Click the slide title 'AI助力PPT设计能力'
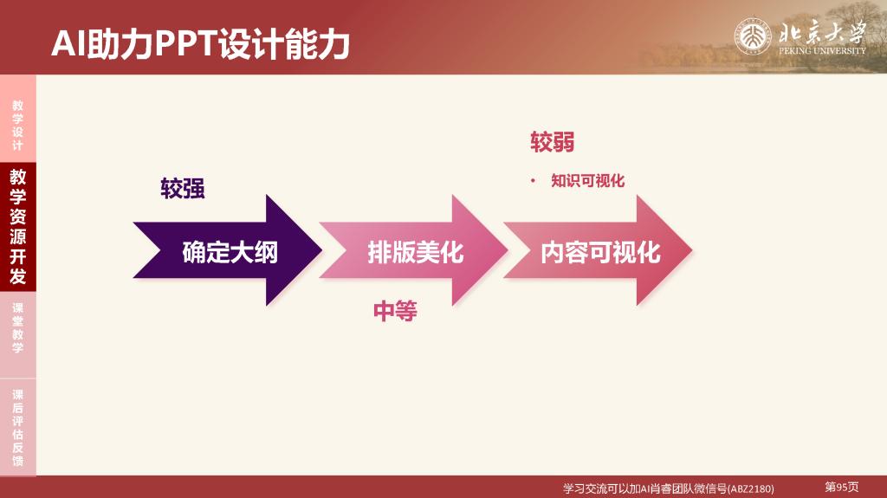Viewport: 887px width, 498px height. pyautogui.click(x=201, y=43)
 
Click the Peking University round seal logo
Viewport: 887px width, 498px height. pyautogui.click(x=753, y=36)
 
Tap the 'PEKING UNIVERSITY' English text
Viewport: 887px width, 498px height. pyautogui.click(x=822, y=50)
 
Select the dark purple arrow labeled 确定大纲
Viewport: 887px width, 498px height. pyautogui.click(x=228, y=250)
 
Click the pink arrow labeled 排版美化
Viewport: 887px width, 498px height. pyautogui.click(x=413, y=250)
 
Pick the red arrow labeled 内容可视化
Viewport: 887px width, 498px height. pyautogui.click(x=598, y=250)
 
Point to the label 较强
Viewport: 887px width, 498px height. pyautogui.click(x=182, y=189)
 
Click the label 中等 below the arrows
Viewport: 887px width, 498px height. pyautogui.click(x=395, y=311)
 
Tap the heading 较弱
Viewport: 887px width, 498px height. pyautogui.click(x=552, y=142)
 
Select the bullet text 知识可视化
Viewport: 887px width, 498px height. pyautogui.click(x=588, y=180)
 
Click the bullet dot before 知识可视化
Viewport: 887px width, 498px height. pyautogui.click(x=533, y=181)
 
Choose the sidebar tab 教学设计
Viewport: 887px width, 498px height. pyautogui.click(x=18, y=125)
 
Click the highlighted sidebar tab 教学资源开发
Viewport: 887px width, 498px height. pyautogui.click(x=18, y=226)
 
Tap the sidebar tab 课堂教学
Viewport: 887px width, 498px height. pyautogui.click(x=18, y=327)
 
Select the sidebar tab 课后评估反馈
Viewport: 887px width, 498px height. pyautogui.click(x=18, y=427)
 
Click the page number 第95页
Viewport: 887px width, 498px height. pyautogui.click(x=842, y=487)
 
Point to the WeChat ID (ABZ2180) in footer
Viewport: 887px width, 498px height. pyautogui.click(x=751, y=488)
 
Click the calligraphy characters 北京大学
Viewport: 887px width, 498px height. pyautogui.click(x=822, y=32)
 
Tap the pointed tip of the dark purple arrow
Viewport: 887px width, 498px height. pyautogui.click(x=322, y=250)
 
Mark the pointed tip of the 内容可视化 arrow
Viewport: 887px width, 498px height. pyautogui.click(x=692, y=250)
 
